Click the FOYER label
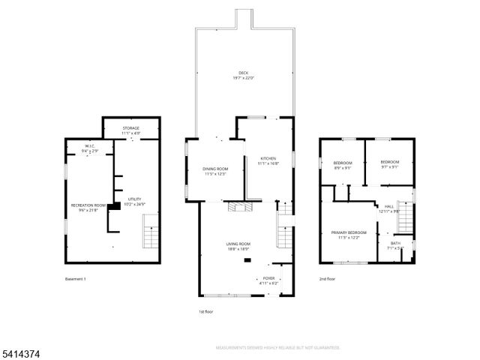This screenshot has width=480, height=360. [x=268, y=278]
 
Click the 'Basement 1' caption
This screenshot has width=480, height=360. [x=76, y=279]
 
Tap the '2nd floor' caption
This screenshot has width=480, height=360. [x=326, y=279]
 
